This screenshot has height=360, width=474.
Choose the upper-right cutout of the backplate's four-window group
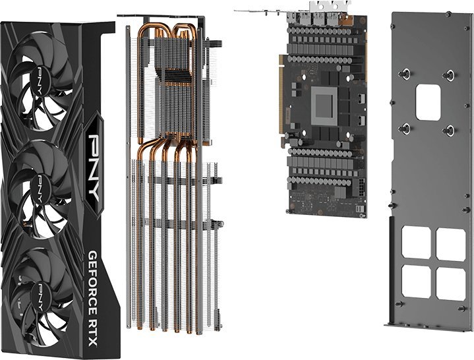pos(451,242)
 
